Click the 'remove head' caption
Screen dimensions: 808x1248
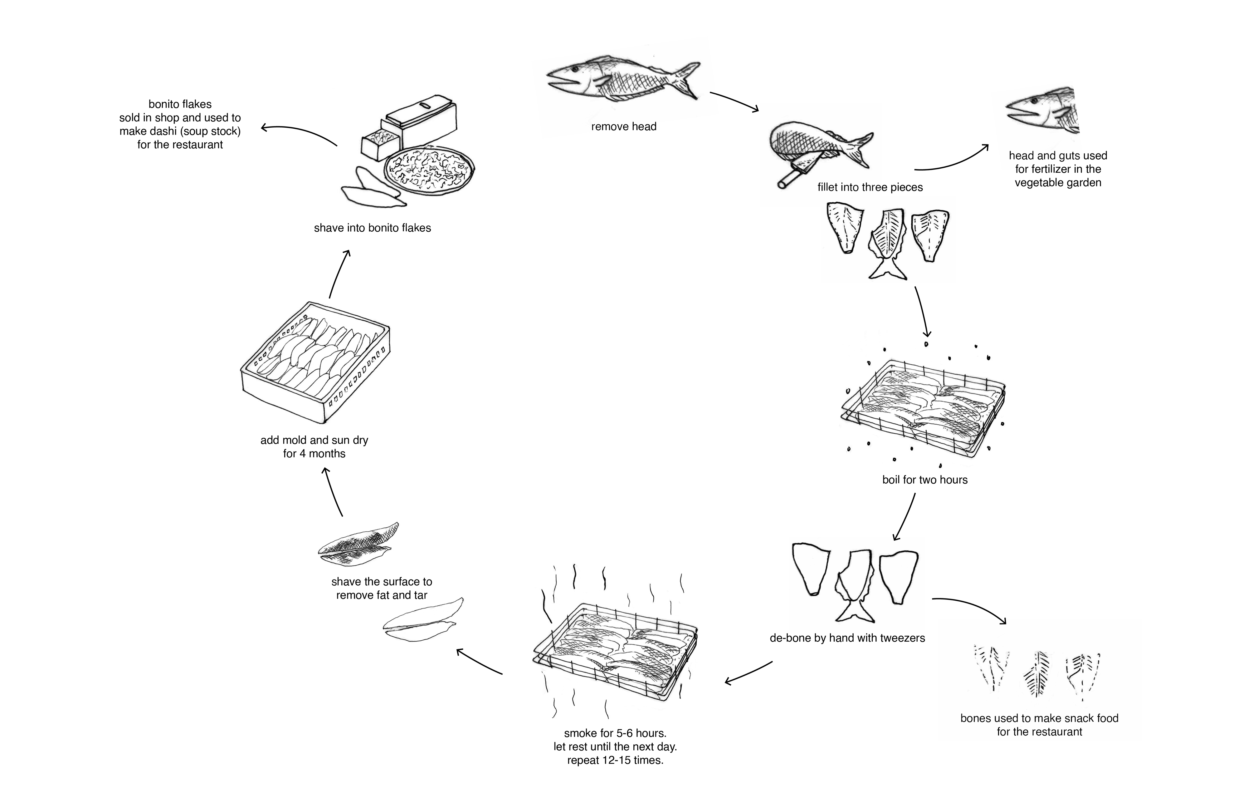coord(623,126)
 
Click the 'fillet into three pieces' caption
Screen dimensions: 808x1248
coord(870,187)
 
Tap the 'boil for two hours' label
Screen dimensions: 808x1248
coord(924,480)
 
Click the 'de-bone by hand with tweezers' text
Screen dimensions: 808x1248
coord(847,638)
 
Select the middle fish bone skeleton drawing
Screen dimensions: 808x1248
coord(1036,674)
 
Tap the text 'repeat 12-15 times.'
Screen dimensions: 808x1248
coord(615,760)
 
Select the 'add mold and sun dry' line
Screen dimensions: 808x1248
coord(314,440)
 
